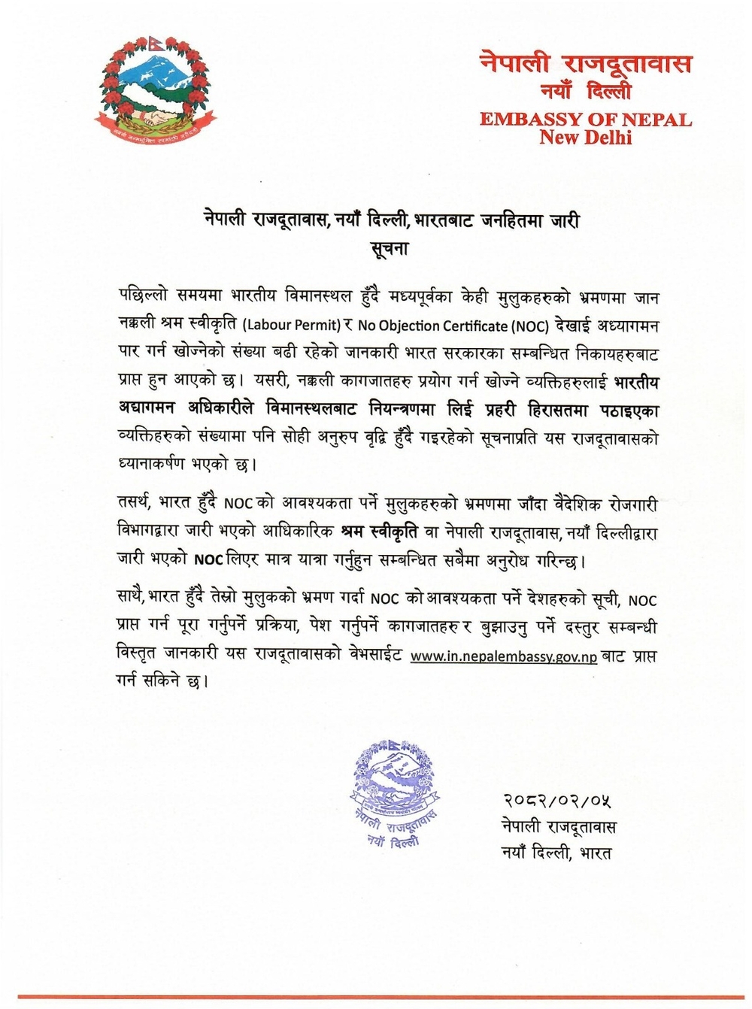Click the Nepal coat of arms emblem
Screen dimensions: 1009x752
tap(150, 89)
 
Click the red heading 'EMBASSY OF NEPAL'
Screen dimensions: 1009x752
tap(586, 120)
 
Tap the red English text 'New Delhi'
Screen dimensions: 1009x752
tap(586, 138)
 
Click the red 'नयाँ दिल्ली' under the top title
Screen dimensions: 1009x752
tap(586, 92)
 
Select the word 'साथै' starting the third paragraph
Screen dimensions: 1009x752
tap(132, 599)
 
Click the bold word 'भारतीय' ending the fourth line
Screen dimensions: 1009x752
tap(636, 383)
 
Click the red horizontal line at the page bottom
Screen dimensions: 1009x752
tap(376, 998)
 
